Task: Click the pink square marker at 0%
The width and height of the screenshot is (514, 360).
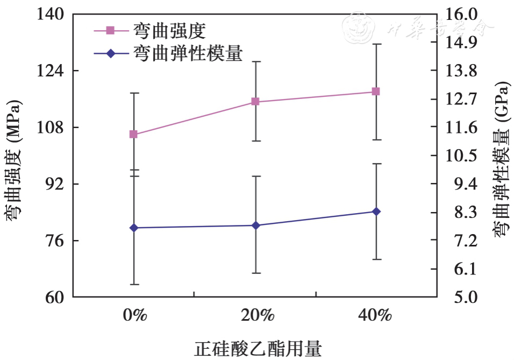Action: [x=133, y=134]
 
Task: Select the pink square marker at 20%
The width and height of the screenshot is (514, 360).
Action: [x=255, y=102]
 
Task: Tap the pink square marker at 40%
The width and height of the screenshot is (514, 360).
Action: [x=376, y=91]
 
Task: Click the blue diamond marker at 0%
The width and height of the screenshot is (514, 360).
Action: [x=133, y=228]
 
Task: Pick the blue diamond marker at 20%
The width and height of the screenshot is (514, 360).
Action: [x=255, y=225]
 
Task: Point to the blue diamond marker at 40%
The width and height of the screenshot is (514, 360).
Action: [x=376, y=211]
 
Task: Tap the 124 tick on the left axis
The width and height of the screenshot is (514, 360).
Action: [x=52, y=70]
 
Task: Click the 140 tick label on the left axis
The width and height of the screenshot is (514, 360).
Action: [x=52, y=15]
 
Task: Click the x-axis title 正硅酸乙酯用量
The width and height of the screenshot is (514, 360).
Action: [x=258, y=348]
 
